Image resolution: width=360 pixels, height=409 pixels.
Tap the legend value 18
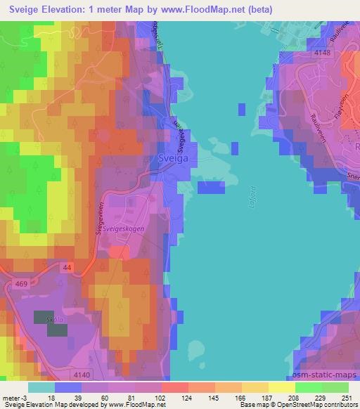[52, 397]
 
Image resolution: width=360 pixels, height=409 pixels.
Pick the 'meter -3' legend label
[14, 397]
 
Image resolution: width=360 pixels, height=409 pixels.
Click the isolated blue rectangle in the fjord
[212, 186]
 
